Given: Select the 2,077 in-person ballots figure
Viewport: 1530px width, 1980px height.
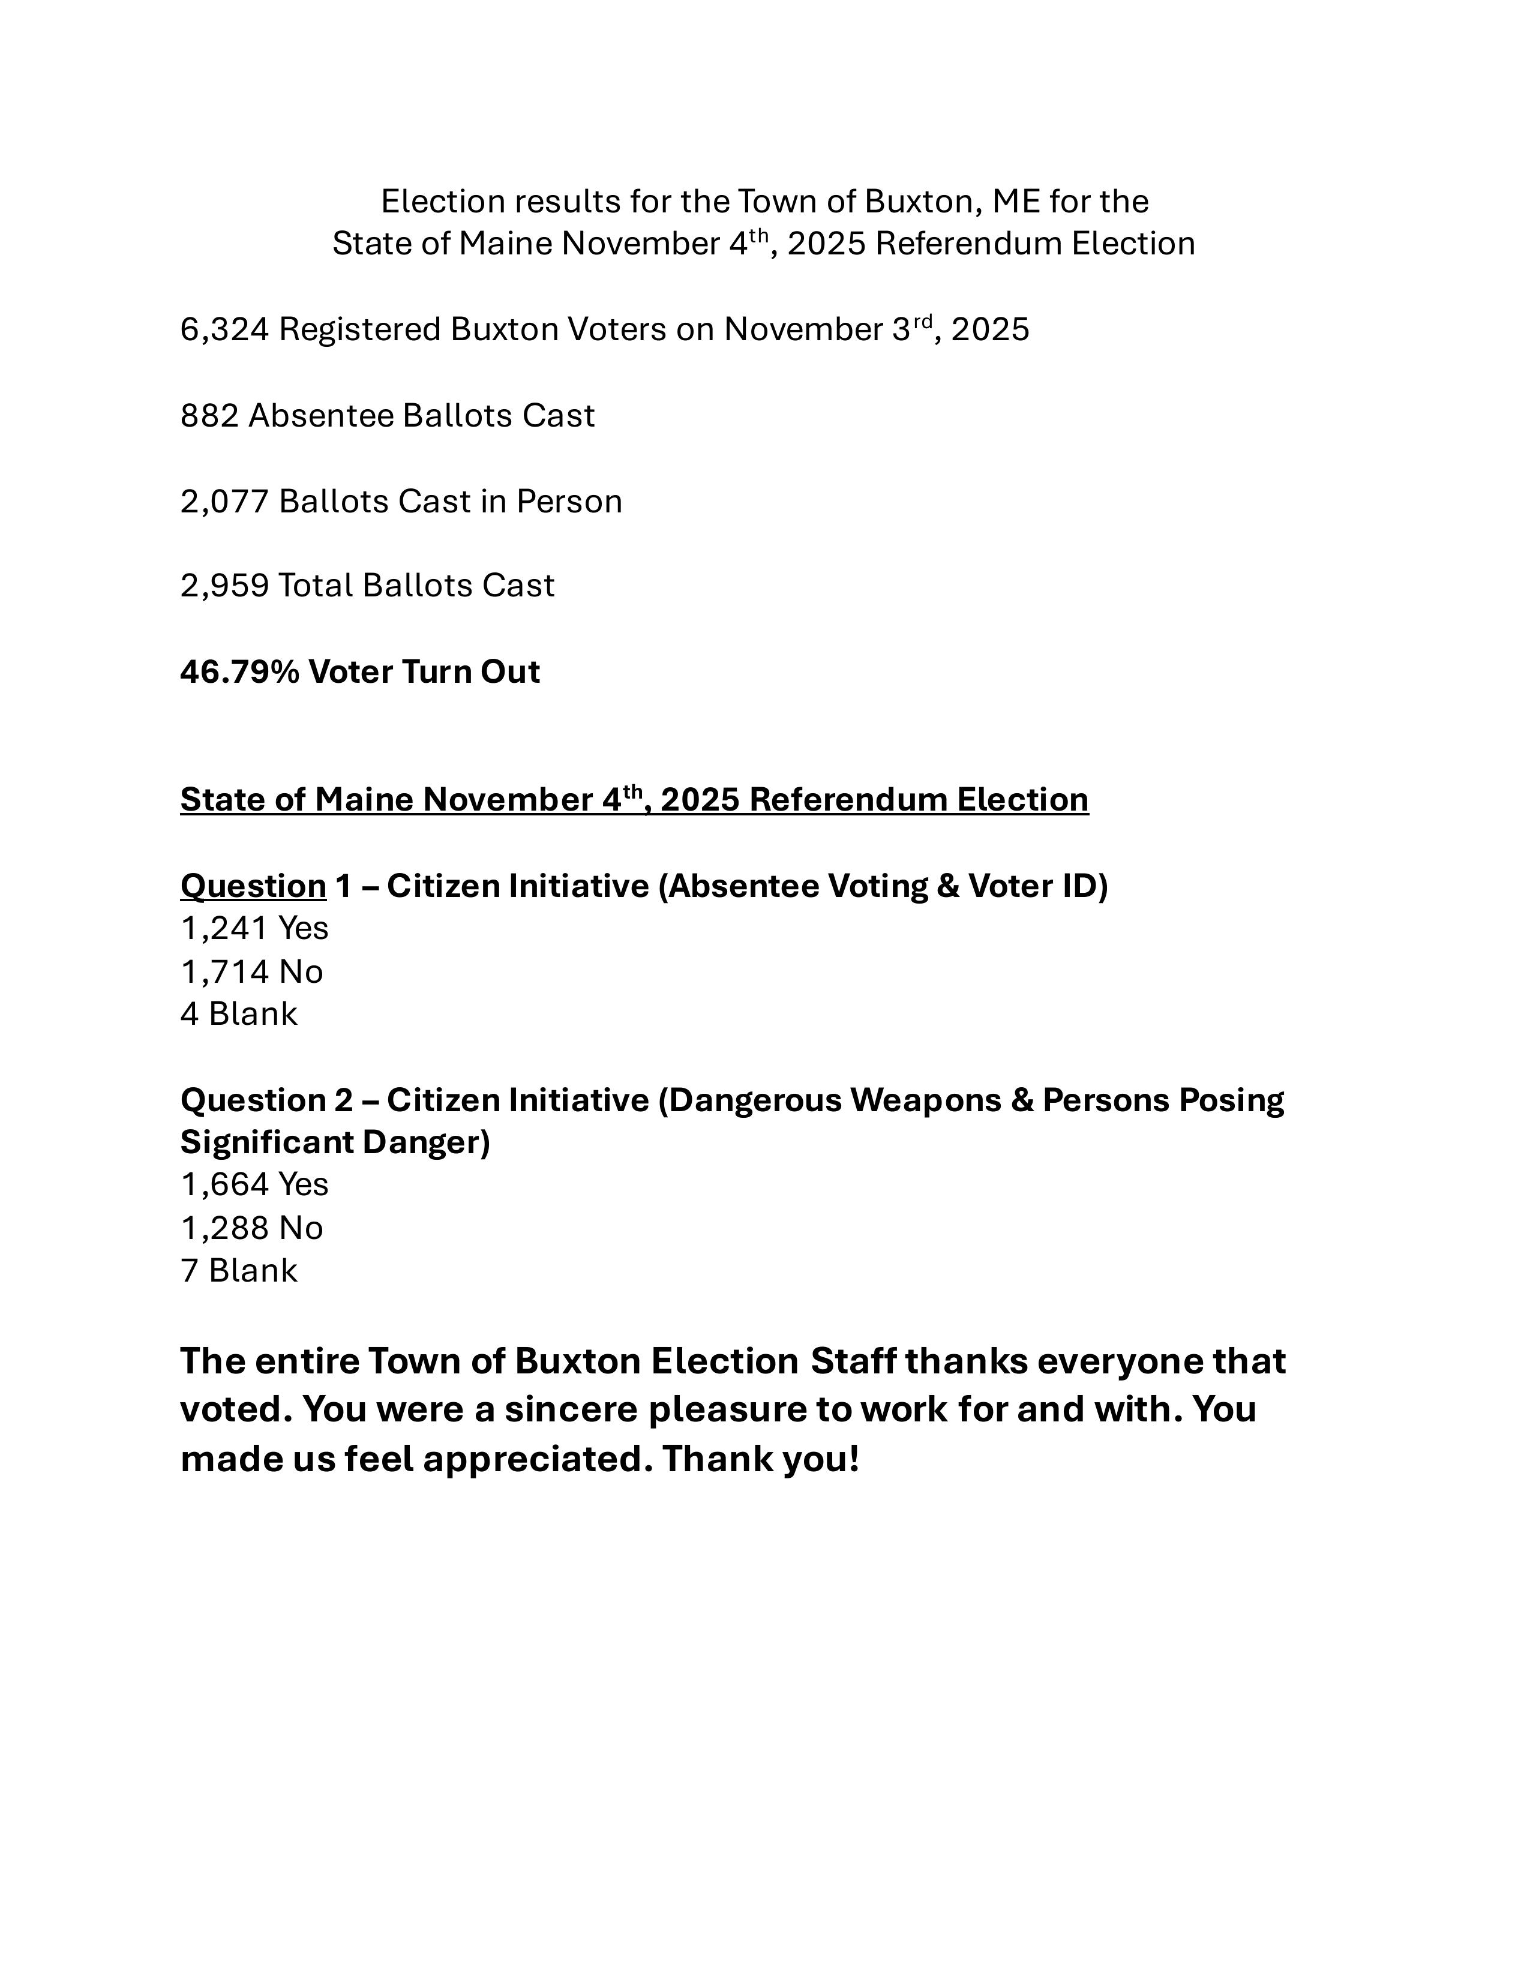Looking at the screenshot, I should tap(224, 502).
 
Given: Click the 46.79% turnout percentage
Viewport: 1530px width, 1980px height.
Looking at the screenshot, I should tap(239, 673).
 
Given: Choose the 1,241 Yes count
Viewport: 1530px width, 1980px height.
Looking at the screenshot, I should tap(224, 928).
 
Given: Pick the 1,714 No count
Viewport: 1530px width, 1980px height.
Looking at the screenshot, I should tap(224, 973).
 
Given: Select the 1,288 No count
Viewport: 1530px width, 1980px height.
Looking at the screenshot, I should tap(224, 1228).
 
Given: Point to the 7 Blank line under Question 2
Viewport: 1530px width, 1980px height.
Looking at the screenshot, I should tap(238, 1271).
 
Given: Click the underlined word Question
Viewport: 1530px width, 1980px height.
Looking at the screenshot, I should tap(253, 886).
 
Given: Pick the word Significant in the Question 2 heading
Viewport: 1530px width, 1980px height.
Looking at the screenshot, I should tap(268, 1142).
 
